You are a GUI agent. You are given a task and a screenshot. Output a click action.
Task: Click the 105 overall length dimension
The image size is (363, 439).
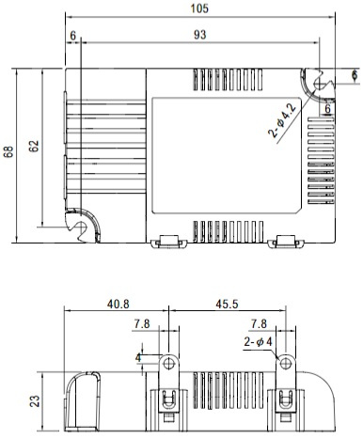tap(199, 8)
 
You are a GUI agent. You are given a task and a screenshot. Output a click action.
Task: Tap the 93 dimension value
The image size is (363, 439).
tap(200, 35)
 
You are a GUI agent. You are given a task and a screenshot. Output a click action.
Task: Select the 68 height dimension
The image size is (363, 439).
tap(8, 151)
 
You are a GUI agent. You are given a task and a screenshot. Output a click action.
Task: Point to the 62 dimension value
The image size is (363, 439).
tap(34, 146)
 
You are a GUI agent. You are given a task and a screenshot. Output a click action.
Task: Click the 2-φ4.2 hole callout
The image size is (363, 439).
tap(282, 120)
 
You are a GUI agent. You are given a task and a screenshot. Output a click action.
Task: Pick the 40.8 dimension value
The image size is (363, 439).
tap(118, 304)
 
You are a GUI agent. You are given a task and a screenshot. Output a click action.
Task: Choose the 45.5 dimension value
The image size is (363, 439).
tap(227, 304)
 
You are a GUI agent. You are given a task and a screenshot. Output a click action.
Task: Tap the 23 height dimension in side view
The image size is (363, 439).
tap(35, 401)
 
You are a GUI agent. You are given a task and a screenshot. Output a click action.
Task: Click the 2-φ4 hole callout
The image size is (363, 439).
tap(258, 341)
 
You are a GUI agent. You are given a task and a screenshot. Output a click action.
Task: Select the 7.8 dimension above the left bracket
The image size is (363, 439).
tap(142, 324)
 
